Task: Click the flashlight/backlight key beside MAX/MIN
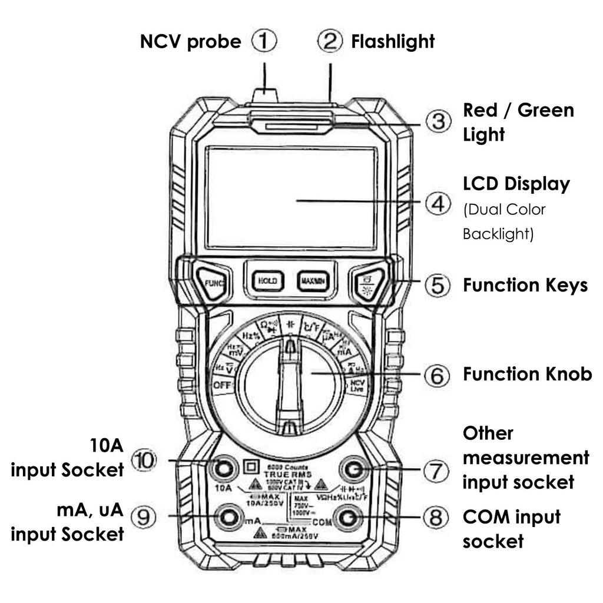pos(369,281)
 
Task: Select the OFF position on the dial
pos(223,386)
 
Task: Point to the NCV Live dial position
pos(357,386)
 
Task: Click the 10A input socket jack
pos(223,469)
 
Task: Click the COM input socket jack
pos(347,517)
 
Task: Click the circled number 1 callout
pos(264,42)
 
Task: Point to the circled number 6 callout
pos(436,375)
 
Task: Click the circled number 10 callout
pos(144,460)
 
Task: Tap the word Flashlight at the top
pos(393,42)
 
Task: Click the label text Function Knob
pos(527,375)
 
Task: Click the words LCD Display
pos(516,184)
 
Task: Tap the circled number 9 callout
pos(144,516)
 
